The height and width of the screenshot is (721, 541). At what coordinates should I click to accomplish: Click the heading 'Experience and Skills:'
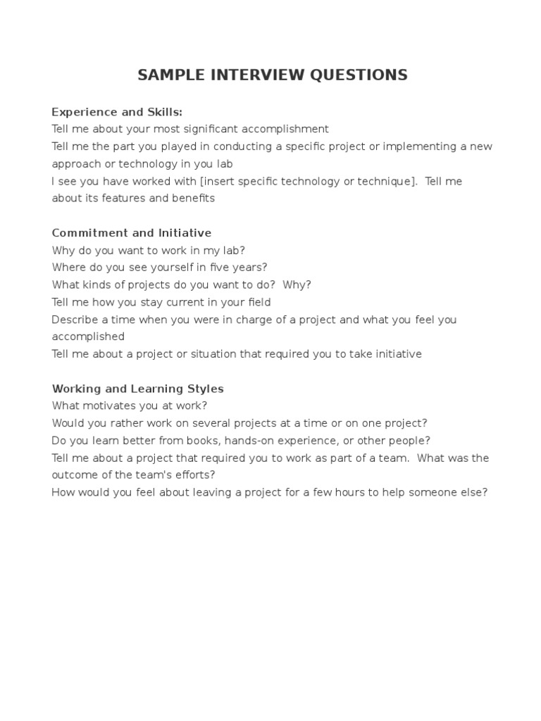(x=117, y=112)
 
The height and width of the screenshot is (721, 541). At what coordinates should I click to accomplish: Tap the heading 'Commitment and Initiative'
(x=132, y=233)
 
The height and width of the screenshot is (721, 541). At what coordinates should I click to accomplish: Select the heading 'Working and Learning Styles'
(x=138, y=389)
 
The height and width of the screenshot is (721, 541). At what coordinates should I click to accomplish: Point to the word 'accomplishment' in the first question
(x=285, y=130)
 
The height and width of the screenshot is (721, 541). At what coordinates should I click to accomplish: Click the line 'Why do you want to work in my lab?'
(x=149, y=251)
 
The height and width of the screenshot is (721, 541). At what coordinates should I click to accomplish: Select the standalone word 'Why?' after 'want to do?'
(x=297, y=285)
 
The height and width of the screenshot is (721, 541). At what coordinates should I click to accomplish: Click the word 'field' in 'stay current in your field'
(x=256, y=302)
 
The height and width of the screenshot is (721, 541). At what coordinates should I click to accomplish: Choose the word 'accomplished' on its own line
(x=88, y=337)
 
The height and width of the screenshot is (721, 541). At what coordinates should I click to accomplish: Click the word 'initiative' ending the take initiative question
(x=397, y=354)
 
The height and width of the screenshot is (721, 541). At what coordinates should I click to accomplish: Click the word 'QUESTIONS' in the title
(x=359, y=75)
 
